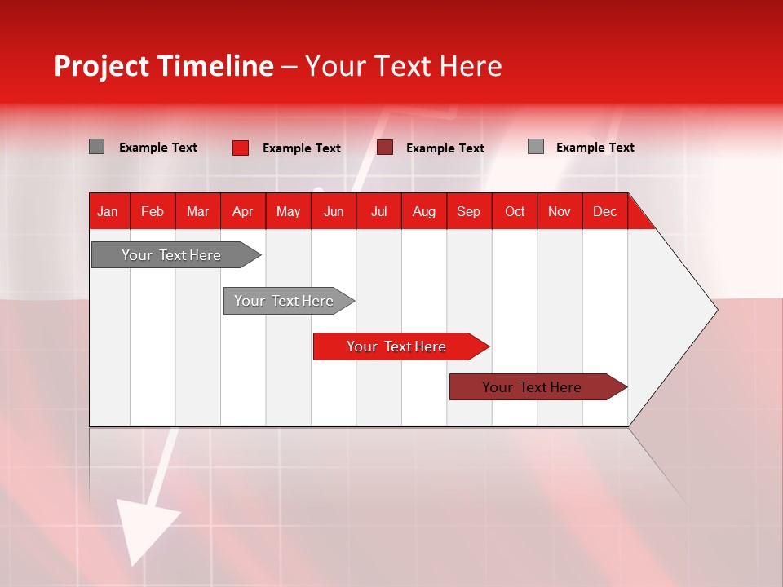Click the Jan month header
pyautogui.click(x=108, y=211)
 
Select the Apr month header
pyautogui.click(x=242, y=211)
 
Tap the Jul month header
pyautogui.click(x=378, y=211)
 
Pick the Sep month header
pyautogui.click(x=468, y=211)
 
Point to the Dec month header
pyautogui.click(x=604, y=211)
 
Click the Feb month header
pyautogui.click(x=153, y=211)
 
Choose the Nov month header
pyautogui.click(x=559, y=211)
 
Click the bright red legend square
pyautogui.click(x=240, y=148)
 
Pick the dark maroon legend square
pyautogui.click(x=385, y=148)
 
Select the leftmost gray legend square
pyautogui.click(x=96, y=147)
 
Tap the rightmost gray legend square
pyautogui.click(x=535, y=147)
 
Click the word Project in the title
pyautogui.click(x=100, y=66)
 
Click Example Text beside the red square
pyautogui.click(x=301, y=148)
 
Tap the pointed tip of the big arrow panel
pyautogui.click(x=714, y=310)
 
